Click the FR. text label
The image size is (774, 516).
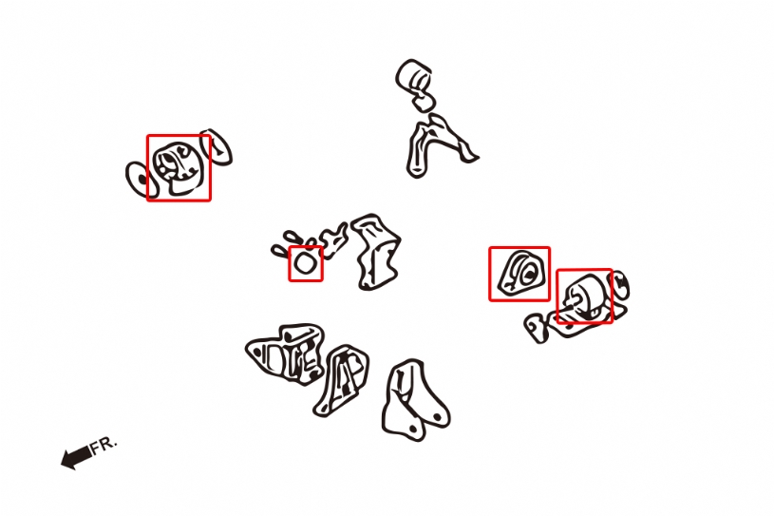click(104, 444)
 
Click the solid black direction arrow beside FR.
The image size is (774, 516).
click(76, 457)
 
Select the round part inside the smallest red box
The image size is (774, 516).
click(305, 263)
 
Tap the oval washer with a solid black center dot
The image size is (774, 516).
click(141, 180)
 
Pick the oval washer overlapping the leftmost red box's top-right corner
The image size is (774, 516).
click(217, 146)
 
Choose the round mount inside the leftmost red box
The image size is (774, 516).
click(177, 168)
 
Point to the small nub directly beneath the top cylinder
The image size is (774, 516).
click(424, 103)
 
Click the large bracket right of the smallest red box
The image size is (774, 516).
click(378, 252)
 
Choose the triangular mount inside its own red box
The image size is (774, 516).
click(521, 273)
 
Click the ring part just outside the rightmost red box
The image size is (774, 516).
click(619, 285)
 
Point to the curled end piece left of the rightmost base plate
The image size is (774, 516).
click(537, 328)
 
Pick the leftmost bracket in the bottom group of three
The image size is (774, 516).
click(286, 354)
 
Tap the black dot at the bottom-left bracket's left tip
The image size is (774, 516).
click(257, 351)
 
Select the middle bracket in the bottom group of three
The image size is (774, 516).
click(341, 380)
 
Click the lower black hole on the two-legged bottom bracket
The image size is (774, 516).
click(414, 429)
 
